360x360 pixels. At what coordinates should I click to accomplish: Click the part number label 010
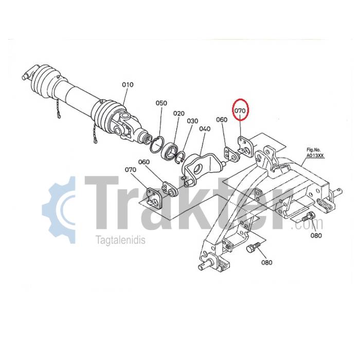point(128,85)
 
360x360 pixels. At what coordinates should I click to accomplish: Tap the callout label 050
point(161,103)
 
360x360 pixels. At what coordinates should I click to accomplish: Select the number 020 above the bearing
point(179,114)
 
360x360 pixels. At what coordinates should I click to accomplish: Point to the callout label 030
point(192,121)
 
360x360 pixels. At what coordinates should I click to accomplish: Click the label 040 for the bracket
point(205,129)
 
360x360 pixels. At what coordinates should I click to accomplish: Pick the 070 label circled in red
point(240,111)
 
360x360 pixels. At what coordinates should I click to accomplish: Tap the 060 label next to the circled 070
point(222,120)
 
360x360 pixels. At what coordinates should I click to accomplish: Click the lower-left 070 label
point(131,170)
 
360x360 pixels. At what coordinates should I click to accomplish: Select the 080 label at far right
point(316,236)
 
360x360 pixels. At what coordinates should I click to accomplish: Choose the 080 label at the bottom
point(267,262)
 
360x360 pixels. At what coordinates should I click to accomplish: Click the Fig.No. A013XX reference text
point(315,153)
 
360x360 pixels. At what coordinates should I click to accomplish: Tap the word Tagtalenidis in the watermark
point(121,240)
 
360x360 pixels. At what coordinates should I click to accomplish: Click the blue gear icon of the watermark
point(59,210)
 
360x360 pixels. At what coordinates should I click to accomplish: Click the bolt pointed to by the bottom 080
point(253,247)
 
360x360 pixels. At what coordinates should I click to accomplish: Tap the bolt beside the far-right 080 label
point(308,217)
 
